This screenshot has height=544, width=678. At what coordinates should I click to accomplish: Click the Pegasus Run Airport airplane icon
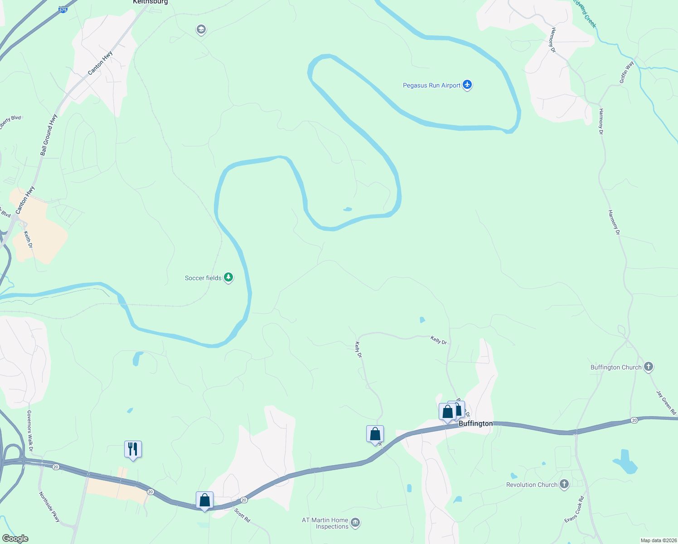point(468,85)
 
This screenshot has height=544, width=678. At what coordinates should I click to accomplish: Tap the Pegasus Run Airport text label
point(431,85)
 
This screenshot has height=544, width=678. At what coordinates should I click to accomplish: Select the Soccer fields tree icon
point(229,277)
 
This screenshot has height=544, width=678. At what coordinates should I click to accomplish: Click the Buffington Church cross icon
point(649,367)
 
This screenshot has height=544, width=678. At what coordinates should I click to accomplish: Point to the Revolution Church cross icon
point(564,484)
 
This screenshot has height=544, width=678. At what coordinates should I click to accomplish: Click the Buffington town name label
point(475,423)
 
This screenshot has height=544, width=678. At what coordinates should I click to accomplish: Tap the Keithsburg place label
point(150,2)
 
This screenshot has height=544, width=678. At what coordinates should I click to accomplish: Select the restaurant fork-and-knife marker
point(133,449)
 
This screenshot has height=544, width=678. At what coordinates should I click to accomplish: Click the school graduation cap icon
point(201,30)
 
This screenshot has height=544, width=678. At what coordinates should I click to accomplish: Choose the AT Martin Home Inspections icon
point(356,523)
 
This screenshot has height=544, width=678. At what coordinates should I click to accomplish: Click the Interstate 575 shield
point(63,9)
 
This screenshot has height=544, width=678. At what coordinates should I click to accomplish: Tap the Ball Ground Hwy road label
point(49,135)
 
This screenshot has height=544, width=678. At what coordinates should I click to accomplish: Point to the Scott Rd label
point(242,515)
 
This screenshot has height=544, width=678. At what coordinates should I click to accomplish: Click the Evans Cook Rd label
point(574,510)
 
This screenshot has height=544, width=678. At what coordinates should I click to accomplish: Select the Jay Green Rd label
point(666,402)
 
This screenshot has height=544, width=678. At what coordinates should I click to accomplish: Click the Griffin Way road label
point(627,73)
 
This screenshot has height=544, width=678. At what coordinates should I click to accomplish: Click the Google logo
point(15,539)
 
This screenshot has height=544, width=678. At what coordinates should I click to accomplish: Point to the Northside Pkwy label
point(49,507)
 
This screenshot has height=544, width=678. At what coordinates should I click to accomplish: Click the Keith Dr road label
point(28,239)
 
